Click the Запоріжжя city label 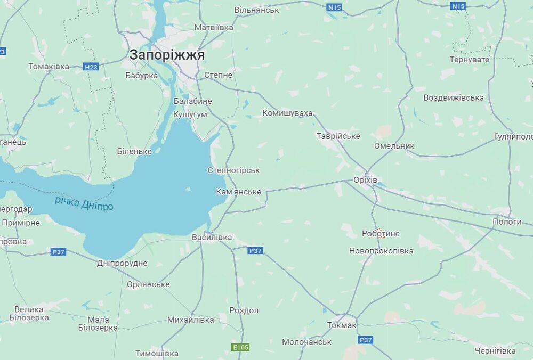pos(167,55)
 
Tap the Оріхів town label pos(365,181)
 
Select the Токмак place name pos(341,325)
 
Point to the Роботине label pos(381,234)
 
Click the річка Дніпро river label pos(84,203)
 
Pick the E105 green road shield pos(240,347)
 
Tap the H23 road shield pos(91,67)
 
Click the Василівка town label pos(212,237)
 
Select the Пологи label pos(506,222)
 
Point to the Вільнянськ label pos(257,10)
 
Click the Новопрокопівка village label pos(381,251)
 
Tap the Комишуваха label pos(287,113)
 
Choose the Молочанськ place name pos(306,342)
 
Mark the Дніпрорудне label pos(122,263)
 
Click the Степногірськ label pos(233,170)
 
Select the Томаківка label pos(49,67)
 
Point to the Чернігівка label pos(495,351)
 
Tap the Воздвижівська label pos(454,98)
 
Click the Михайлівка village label pos(190,320)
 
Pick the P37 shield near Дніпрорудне pos(58,251)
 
